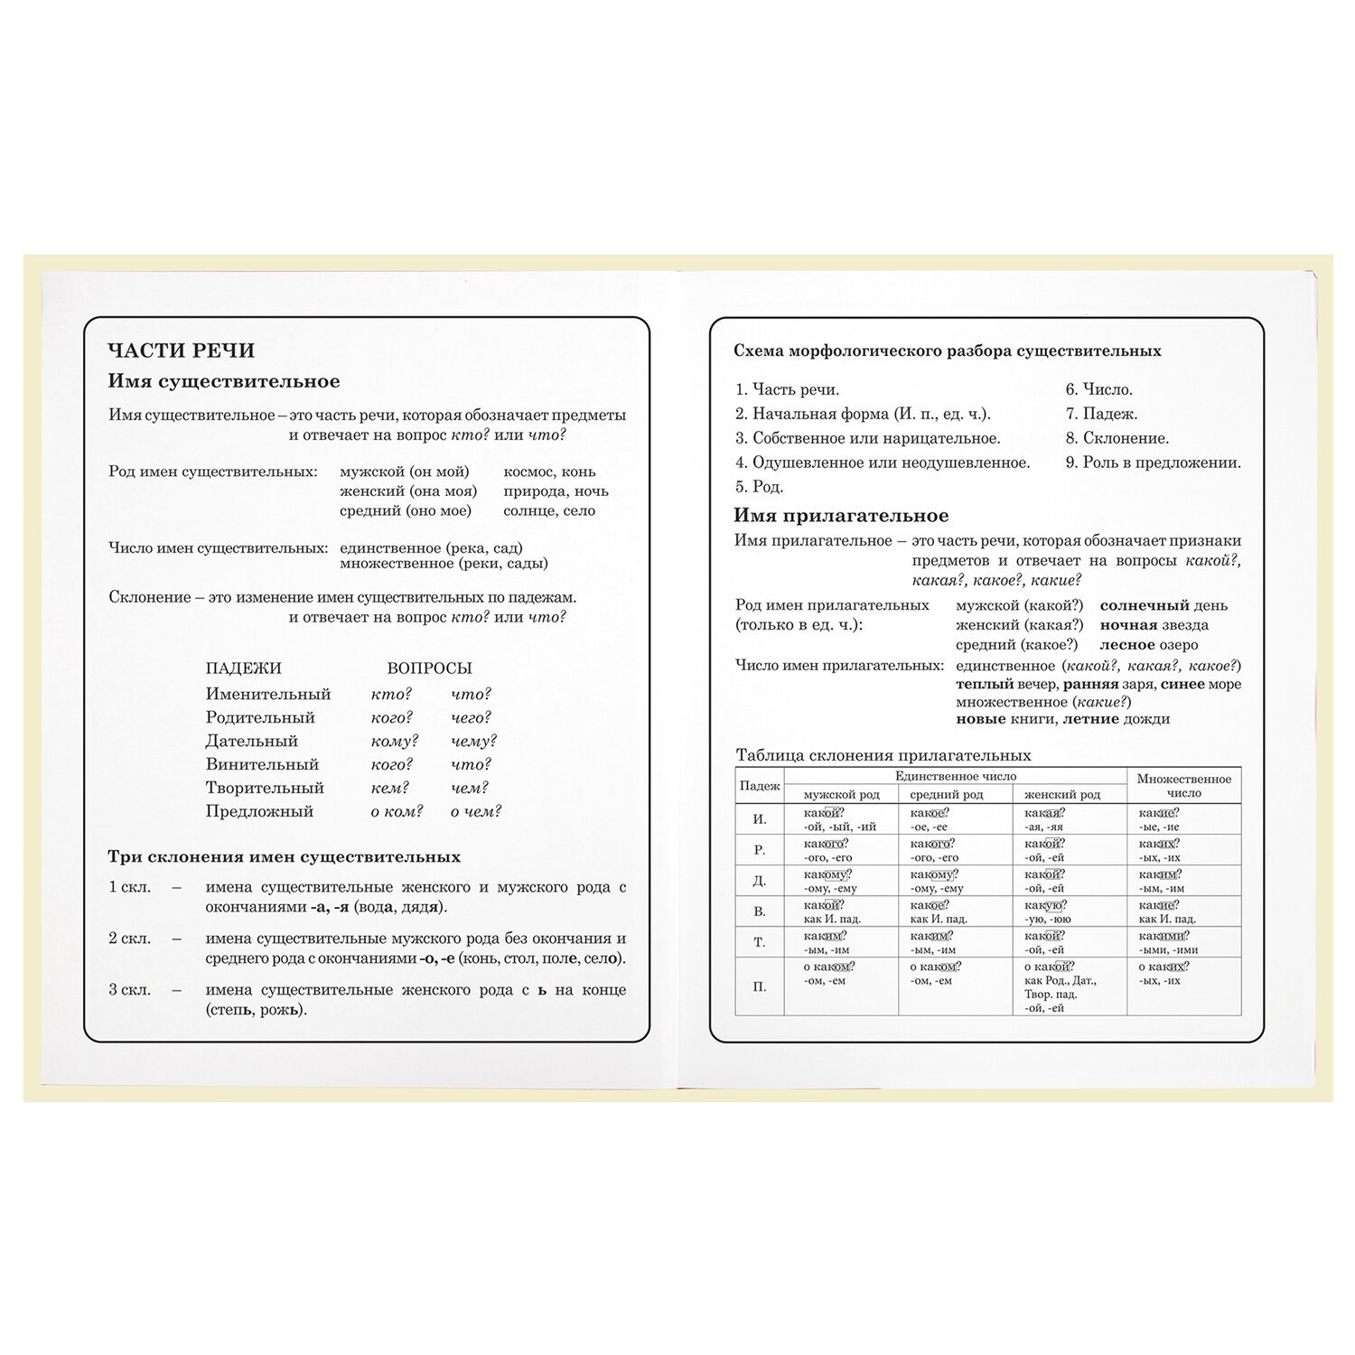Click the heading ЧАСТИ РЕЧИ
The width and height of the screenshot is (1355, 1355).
click(x=182, y=350)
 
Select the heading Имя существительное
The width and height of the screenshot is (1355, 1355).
click(x=224, y=381)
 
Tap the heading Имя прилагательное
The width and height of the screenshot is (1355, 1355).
click(x=841, y=516)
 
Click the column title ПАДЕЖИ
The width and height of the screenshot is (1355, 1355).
click(x=243, y=668)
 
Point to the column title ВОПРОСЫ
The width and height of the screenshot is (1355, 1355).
click(x=429, y=668)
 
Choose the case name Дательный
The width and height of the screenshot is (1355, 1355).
click(x=252, y=741)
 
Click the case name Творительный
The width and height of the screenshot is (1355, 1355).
click(x=265, y=788)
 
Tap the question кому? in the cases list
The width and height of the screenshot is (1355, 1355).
click(x=395, y=741)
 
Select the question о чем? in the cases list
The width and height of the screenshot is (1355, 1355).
click(x=476, y=811)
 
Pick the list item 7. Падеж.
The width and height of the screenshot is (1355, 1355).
click(x=1101, y=414)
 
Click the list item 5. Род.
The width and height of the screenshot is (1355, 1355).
click(x=759, y=487)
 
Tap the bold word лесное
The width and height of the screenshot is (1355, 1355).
click(x=1127, y=645)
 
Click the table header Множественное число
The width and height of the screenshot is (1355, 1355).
click(x=1183, y=786)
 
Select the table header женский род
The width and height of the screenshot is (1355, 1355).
click(x=1062, y=795)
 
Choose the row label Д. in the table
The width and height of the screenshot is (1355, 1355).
click(x=759, y=881)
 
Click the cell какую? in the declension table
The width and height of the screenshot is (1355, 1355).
click(x=1045, y=905)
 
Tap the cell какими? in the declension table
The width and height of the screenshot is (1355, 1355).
click(x=1163, y=936)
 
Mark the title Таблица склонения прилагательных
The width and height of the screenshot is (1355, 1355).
click(x=883, y=755)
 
